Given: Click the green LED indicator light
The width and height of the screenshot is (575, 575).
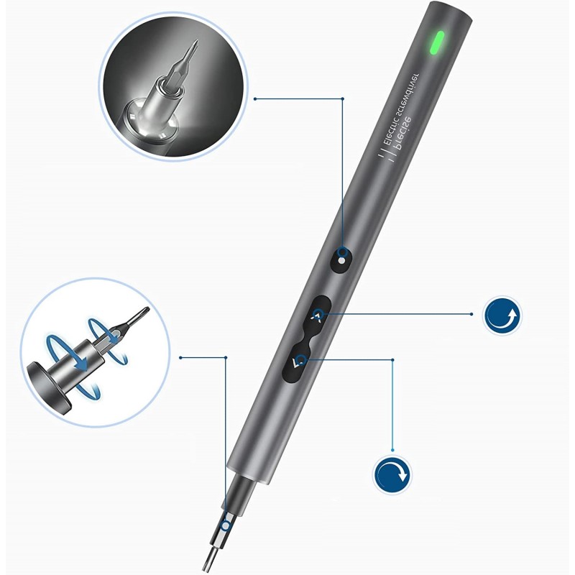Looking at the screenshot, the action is pyautogui.click(x=438, y=42).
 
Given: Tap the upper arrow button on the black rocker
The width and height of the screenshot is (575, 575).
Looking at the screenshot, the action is pyautogui.click(x=317, y=315).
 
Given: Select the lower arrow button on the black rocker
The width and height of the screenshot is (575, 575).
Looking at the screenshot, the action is pyautogui.click(x=297, y=362).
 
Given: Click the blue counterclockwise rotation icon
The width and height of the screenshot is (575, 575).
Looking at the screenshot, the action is pyautogui.click(x=502, y=315).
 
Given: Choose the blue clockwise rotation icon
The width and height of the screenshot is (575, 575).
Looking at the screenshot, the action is pyautogui.click(x=392, y=474).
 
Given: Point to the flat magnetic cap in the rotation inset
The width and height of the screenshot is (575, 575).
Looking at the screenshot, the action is pyautogui.click(x=47, y=389).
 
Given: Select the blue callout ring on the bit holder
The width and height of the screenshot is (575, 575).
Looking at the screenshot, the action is pyautogui.click(x=226, y=526).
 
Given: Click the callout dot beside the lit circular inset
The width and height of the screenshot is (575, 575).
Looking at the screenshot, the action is pyautogui.click(x=255, y=98).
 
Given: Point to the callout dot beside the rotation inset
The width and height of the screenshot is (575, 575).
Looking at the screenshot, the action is pyautogui.click(x=181, y=357).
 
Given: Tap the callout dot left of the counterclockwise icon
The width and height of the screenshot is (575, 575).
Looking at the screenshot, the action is pyautogui.click(x=471, y=314).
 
